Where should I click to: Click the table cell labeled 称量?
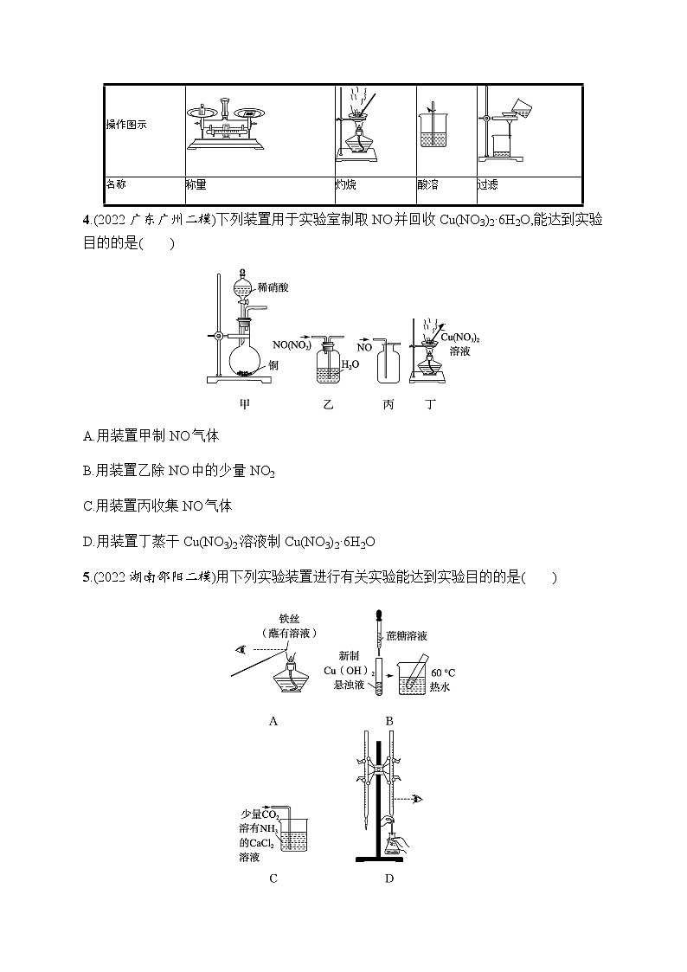(196, 184)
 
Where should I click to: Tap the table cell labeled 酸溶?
(427, 184)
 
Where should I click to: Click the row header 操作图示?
(126, 124)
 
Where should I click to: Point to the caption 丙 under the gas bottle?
(388, 404)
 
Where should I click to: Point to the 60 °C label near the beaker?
(442, 672)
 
